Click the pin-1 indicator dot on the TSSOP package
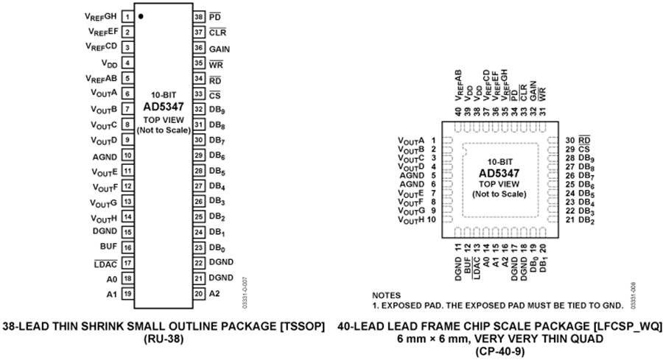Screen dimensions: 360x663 (x=141, y=15)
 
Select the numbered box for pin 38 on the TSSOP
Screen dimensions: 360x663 (x=198, y=15)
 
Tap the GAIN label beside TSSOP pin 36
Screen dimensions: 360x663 (x=220, y=48)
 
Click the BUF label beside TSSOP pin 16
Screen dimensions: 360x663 (x=110, y=247)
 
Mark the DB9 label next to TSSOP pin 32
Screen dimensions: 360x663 (x=217, y=110)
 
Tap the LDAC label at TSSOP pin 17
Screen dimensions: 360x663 (x=105, y=263)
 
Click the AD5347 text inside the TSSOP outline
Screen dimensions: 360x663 (x=164, y=106)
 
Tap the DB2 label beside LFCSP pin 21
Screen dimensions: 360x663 (x=586, y=220)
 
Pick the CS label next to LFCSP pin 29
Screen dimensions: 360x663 (x=583, y=149)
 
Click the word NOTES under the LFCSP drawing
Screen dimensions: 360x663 (x=387, y=294)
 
